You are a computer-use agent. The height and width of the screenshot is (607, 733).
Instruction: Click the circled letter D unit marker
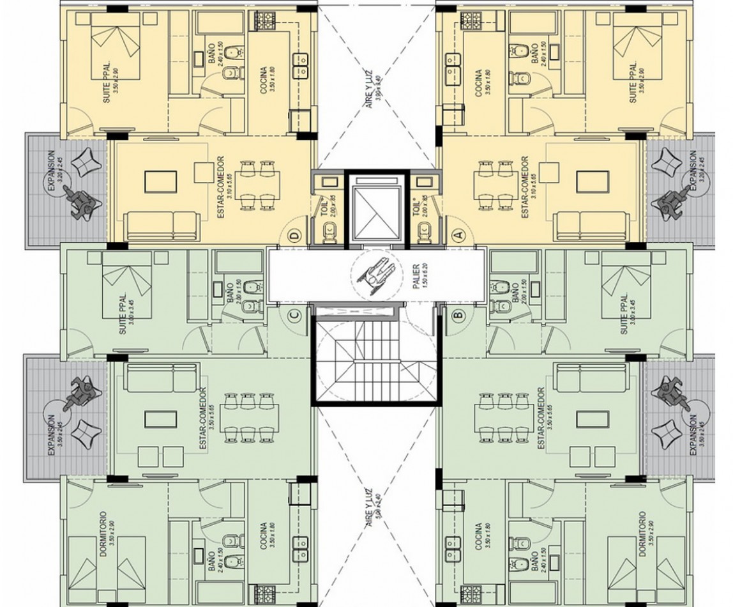(294, 234)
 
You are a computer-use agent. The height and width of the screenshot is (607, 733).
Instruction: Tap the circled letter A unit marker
(457, 234)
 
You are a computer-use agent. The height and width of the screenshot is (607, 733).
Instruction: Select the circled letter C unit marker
(294, 314)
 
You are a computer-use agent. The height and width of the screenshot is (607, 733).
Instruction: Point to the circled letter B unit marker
(457, 314)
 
